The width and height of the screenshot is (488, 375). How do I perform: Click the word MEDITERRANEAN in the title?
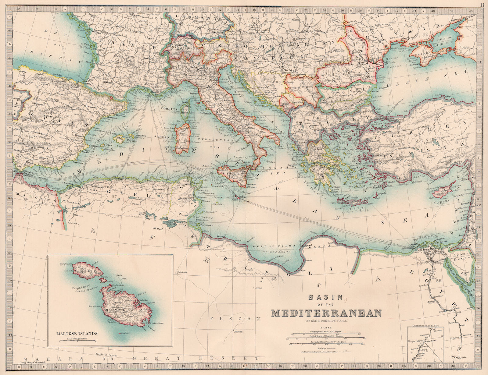coord(326,313)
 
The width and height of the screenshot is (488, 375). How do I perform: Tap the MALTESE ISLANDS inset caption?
coord(77,333)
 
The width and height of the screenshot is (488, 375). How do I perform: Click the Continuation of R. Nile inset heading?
coord(426,326)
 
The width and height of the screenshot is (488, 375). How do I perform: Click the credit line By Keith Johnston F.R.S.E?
coord(326,320)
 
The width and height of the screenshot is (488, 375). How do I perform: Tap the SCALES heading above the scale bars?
coord(326,328)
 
